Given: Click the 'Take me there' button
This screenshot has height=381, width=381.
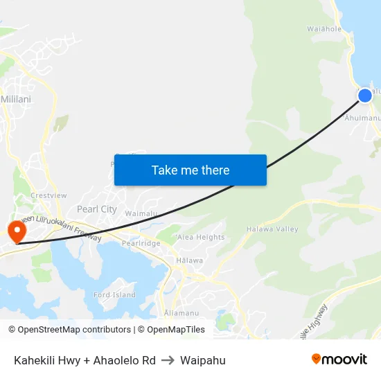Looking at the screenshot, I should point(190,170).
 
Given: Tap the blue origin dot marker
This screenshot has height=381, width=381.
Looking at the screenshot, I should point(365,95).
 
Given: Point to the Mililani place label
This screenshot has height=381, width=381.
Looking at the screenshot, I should point(16,99).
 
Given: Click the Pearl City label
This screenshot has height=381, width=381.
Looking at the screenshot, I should point(97,209).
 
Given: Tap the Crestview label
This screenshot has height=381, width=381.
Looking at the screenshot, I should point(48,195).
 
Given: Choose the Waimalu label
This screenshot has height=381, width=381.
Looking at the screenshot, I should point(141,214).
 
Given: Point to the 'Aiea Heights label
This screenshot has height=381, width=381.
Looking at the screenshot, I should point(201,237).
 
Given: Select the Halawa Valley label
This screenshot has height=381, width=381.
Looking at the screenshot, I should point(277,229).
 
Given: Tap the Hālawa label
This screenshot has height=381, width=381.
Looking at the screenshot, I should point(189,260).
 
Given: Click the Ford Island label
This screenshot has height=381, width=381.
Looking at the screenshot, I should point(115,295).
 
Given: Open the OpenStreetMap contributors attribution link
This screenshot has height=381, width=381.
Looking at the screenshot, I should point(73,330).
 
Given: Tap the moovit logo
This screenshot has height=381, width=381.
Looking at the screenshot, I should point(339,359).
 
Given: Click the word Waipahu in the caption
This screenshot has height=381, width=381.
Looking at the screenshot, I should point(202,360).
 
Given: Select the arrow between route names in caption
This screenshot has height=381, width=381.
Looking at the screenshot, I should point(168,360).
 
